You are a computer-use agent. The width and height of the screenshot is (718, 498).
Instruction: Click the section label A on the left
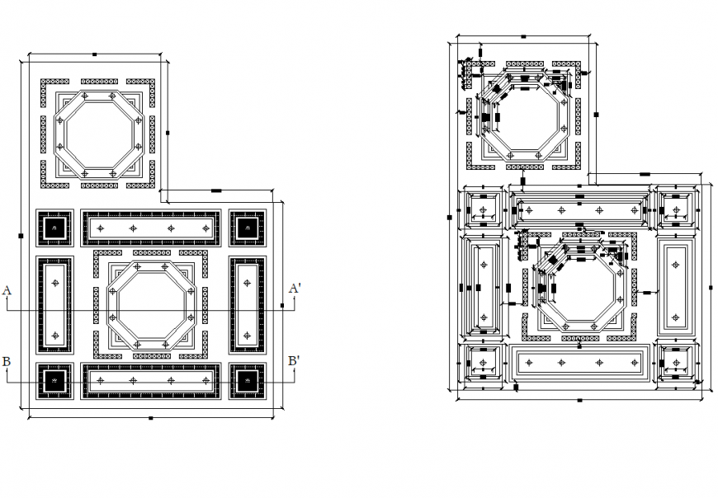pyautogui.click(x=7, y=290)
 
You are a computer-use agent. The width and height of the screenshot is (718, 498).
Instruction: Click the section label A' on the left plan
pyautogui.click(x=294, y=289)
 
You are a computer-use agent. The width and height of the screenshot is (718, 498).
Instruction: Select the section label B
pyautogui.click(x=7, y=362)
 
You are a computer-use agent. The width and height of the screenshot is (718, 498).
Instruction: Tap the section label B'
pyautogui.click(x=293, y=361)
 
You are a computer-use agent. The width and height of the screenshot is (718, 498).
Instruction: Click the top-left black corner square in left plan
pyautogui.click(x=54, y=228)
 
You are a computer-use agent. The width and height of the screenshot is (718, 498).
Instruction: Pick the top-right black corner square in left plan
pyautogui.click(x=247, y=228)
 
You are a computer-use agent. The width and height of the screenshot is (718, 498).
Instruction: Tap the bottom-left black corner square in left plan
pyautogui.click(x=54, y=380)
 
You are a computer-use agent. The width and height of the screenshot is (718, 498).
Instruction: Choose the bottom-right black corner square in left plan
pyautogui.click(x=247, y=380)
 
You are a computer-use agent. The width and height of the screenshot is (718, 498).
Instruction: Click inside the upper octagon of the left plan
pyautogui.click(x=99, y=134)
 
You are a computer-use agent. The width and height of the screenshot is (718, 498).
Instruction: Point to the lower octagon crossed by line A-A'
pyautogui.click(x=151, y=306)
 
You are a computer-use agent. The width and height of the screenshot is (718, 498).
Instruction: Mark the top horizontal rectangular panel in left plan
pyautogui.click(x=151, y=228)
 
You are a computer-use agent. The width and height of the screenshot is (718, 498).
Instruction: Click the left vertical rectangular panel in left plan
pyautogui.click(x=55, y=304)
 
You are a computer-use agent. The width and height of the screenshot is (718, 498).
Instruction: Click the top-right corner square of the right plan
pyautogui.click(x=677, y=205)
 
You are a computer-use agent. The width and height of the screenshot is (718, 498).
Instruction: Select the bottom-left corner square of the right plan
pyautogui.click(x=483, y=365)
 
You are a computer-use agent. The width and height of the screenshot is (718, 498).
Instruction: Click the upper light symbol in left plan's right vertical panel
pyautogui.click(x=246, y=282)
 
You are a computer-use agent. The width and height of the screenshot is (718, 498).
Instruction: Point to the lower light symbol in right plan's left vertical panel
pyautogui.click(x=484, y=312)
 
